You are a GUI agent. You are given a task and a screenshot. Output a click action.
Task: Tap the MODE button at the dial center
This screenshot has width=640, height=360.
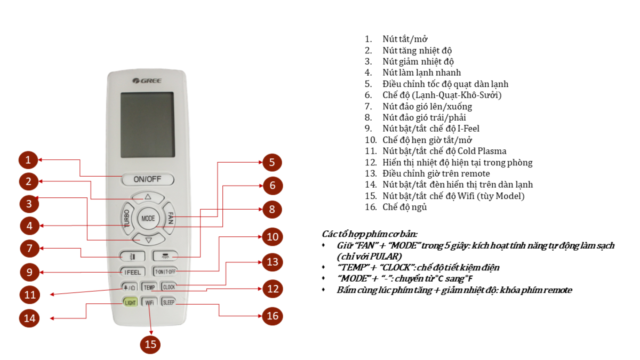tap(148, 218)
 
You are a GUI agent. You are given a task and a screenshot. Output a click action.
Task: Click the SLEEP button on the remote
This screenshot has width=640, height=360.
tap(169, 302)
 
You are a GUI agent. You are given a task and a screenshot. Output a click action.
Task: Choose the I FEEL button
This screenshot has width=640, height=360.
tap(132, 271)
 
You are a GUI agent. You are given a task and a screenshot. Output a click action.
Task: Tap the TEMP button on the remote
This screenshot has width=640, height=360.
tap(149, 287)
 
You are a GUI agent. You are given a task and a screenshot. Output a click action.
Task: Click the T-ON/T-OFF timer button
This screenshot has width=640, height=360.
tap(165, 271)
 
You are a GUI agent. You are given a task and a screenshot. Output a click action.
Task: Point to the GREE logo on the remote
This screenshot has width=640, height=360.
tap(147, 81)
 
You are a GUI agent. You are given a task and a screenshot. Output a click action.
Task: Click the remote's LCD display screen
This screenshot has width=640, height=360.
tap(147, 125)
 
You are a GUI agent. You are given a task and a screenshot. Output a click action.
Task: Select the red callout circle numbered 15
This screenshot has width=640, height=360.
tap(151, 344)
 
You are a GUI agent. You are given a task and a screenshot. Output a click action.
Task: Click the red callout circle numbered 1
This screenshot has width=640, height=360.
tap(30, 159)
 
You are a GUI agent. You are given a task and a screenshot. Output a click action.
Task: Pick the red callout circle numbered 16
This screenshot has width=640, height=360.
tap(273, 316)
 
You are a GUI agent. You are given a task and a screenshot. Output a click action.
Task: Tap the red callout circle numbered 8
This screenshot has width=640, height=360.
tap(271, 209)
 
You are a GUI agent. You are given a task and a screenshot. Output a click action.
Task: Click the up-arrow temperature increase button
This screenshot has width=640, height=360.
tap(148, 197)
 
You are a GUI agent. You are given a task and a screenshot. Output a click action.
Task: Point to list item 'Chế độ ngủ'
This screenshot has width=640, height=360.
tap(404, 207)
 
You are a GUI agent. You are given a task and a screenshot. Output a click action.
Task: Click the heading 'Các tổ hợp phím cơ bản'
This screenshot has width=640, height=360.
tap(370, 234)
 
